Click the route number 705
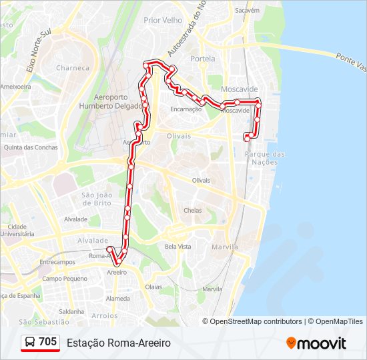pos(47,342)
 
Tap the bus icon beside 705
pos(30,343)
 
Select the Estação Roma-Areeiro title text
pos(119,343)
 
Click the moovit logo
pos(316,343)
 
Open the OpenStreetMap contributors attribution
pos(256,321)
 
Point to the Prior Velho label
pos(163,21)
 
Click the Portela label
pos(203,59)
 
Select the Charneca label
pos(73,68)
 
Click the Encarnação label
pos(186,109)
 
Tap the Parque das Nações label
pos(265,158)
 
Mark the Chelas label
pos(192,210)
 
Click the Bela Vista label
pos(178,247)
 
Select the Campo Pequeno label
pos(65,279)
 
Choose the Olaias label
pos(153,287)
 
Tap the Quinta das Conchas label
pos(31,147)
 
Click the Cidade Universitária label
pos(17,231)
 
